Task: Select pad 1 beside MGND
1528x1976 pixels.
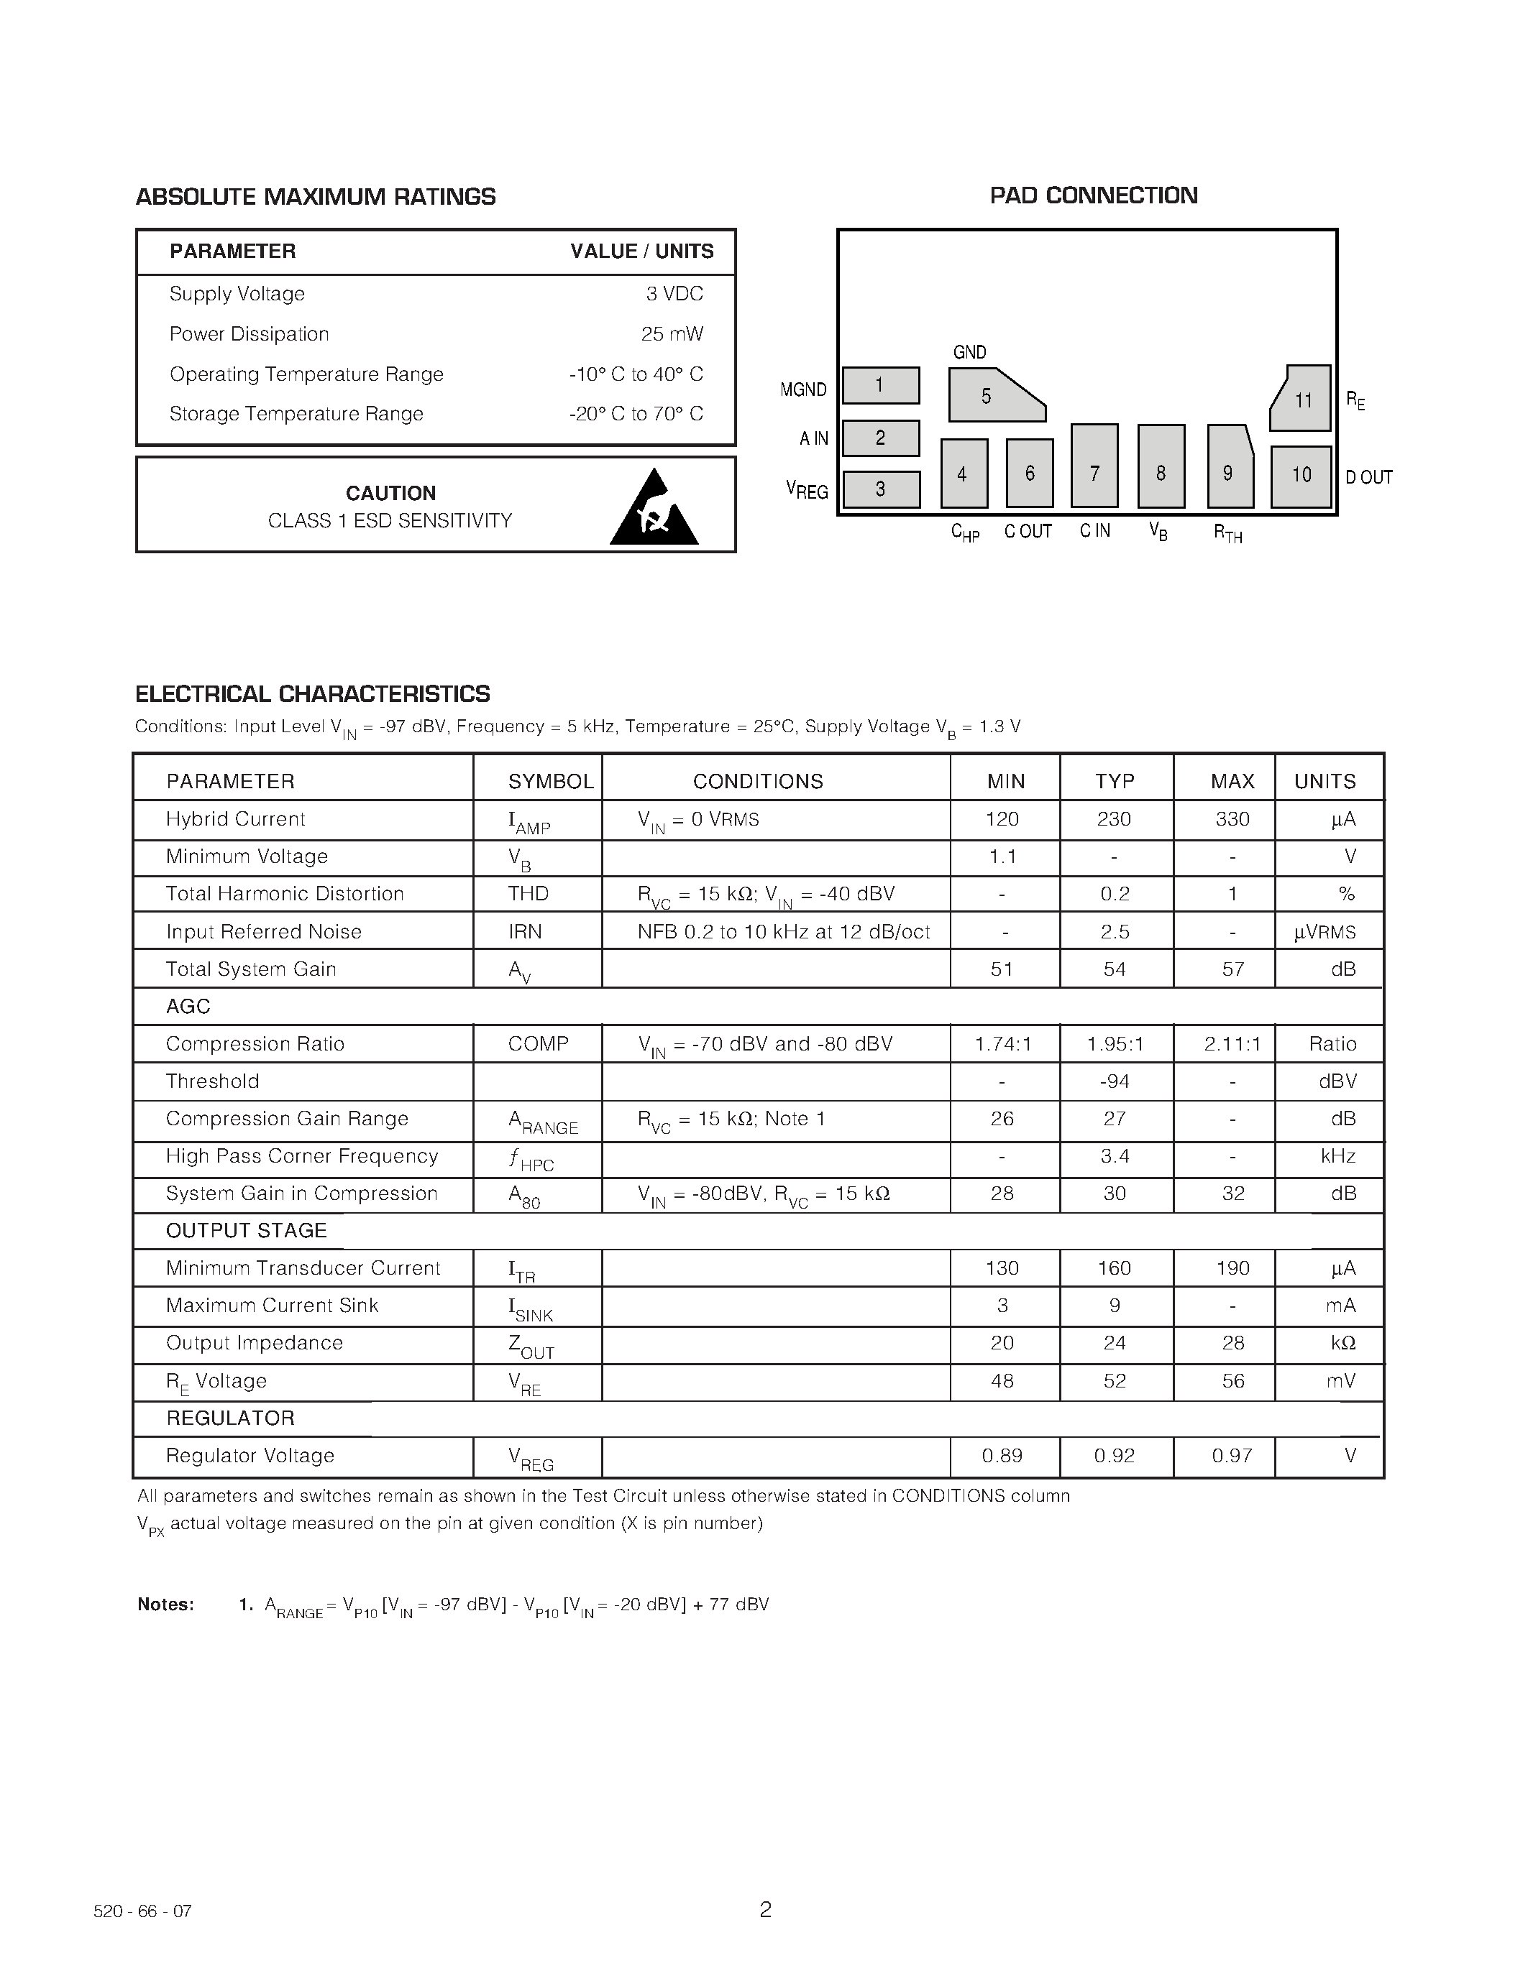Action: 880,385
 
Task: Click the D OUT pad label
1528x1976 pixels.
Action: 1368,477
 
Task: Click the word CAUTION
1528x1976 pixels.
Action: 390,493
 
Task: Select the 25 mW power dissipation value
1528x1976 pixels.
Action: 672,334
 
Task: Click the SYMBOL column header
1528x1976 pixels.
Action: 549,781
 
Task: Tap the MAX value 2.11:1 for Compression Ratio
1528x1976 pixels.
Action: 1232,1044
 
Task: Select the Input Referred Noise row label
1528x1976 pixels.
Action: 263,932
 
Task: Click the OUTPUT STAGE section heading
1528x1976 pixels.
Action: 246,1230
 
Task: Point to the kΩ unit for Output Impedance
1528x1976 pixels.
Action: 1343,1343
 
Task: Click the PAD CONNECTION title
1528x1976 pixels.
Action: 1092,195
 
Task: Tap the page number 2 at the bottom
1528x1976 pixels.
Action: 765,1910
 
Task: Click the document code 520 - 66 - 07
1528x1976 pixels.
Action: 143,1912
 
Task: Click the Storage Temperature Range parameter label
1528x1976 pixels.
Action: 296,413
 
